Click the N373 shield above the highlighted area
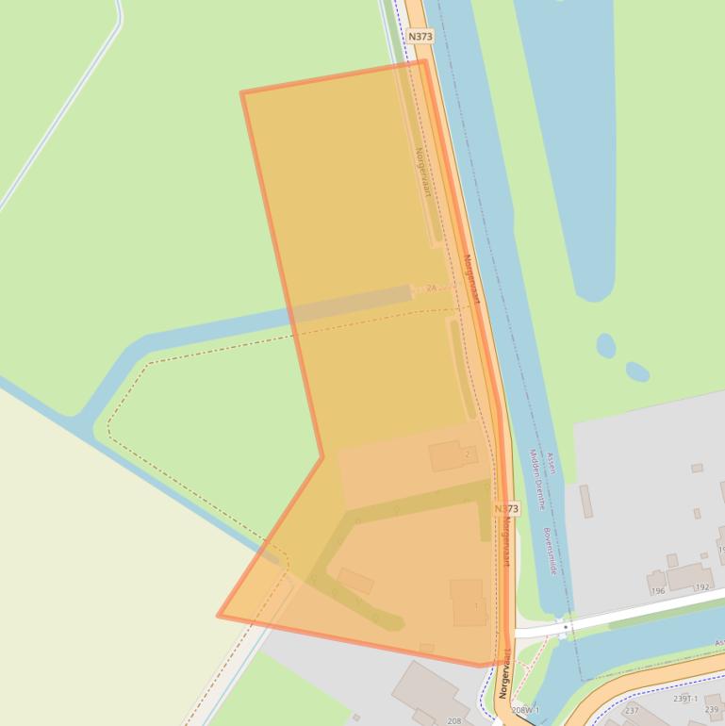(420, 36)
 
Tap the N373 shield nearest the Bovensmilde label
(506, 509)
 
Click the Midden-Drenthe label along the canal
(536, 479)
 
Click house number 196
(658, 591)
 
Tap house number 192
(701, 587)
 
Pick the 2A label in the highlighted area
(432, 288)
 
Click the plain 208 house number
(454, 720)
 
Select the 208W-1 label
(525, 709)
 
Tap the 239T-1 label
(685, 699)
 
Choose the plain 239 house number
(712, 710)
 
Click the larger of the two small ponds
(606, 346)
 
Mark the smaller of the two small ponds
(637, 371)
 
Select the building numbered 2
(451, 456)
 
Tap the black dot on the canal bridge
(566, 626)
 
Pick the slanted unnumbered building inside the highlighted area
(355, 580)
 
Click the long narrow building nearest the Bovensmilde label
(586, 501)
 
